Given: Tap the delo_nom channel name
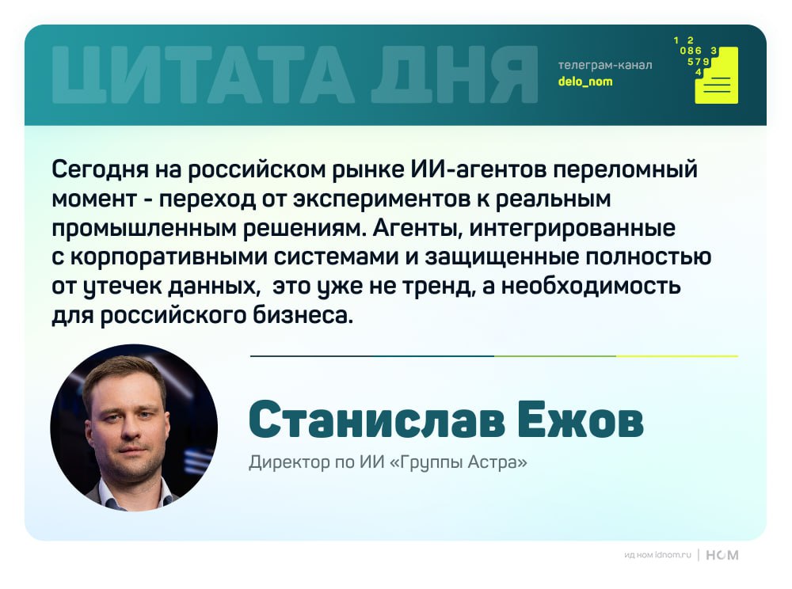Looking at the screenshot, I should click(x=584, y=82).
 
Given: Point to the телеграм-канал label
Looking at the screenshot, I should click(x=605, y=65).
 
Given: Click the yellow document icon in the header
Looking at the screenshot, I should click(x=716, y=77).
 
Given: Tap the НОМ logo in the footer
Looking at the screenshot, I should click(x=722, y=555).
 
